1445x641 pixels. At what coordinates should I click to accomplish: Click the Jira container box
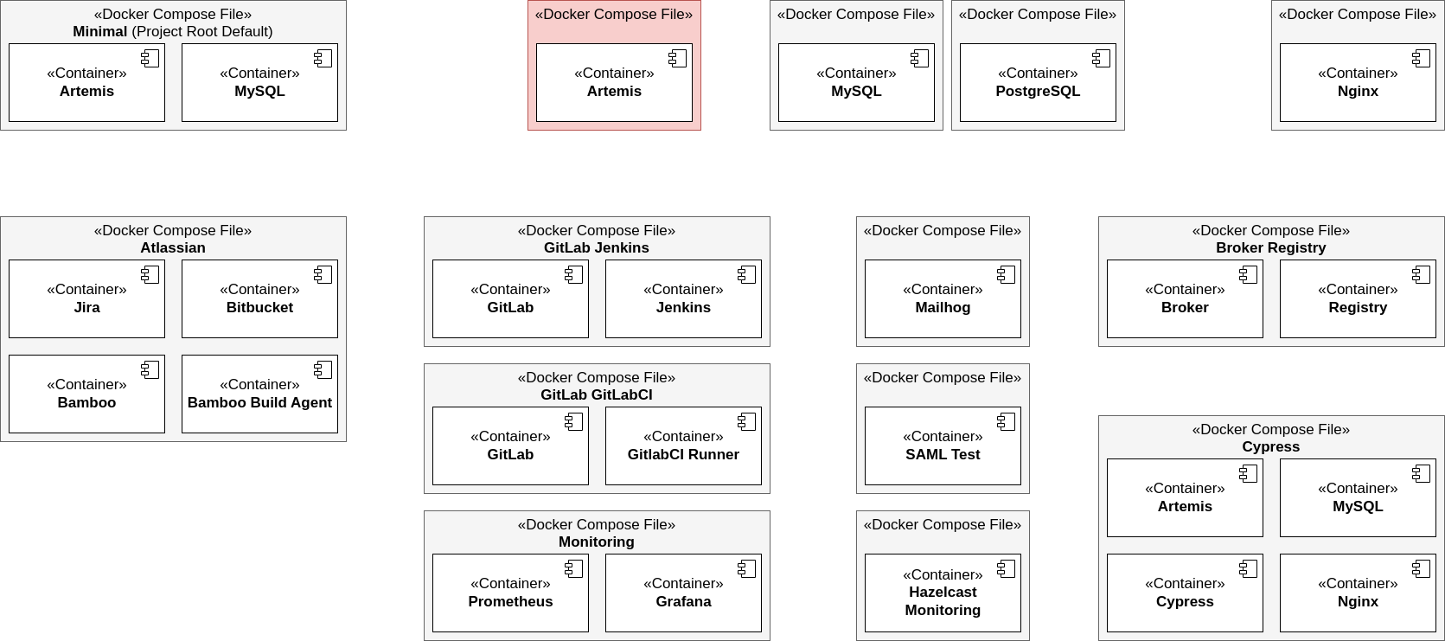click(86, 299)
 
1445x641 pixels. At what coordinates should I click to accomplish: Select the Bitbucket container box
click(259, 299)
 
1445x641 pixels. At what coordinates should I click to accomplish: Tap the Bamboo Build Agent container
click(259, 394)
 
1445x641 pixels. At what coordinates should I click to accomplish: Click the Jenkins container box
click(683, 299)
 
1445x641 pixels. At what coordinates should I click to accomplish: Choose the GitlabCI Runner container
click(683, 446)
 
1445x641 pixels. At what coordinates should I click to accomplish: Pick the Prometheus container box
click(510, 593)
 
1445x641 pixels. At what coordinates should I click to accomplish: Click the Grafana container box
click(683, 593)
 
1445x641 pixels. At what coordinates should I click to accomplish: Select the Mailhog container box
click(943, 299)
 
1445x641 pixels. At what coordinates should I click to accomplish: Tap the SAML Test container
click(943, 446)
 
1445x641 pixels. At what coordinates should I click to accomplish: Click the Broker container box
click(1185, 299)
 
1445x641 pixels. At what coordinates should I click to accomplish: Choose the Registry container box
click(1358, 299)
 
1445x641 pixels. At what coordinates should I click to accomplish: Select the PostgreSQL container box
click(1038, 83)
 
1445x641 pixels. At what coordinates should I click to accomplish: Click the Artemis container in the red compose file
click(614, 83)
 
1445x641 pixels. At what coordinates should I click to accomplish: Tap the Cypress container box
click(1185, 593)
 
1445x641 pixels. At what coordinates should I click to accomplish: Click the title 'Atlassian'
click(173, 248)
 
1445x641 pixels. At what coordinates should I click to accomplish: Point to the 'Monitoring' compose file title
click(597, 542)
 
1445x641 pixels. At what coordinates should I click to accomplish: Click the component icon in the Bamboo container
click(150, 370)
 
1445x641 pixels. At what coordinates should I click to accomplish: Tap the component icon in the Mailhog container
click(1007, 275)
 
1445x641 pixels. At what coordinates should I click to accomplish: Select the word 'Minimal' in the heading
click(99, 32)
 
